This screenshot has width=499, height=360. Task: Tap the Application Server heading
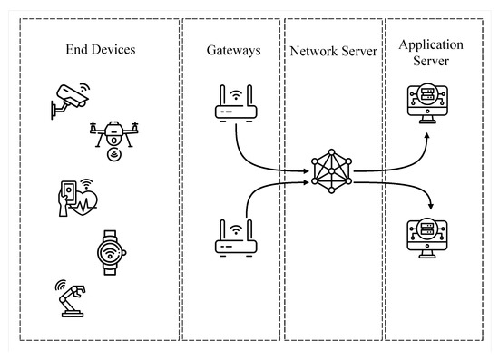tap(431, 49)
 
